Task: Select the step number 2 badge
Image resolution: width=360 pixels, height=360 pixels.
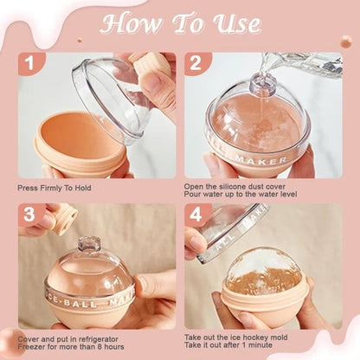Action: point(196,63)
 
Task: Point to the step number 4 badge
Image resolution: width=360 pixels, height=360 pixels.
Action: point(196,215)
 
